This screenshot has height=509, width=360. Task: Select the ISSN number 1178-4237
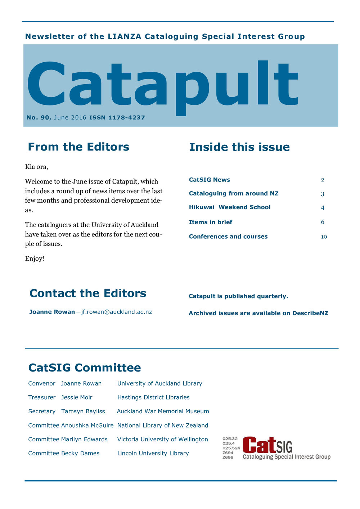126,117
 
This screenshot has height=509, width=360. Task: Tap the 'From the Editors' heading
78,147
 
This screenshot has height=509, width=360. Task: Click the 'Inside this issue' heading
239,147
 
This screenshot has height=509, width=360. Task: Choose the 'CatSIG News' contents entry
210,180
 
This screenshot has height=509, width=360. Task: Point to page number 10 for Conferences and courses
324,237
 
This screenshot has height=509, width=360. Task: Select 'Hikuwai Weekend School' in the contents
230,207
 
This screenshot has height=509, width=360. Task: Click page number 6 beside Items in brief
323,222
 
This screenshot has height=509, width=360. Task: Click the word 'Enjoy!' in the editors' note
35,258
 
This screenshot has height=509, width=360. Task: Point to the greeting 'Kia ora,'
36,167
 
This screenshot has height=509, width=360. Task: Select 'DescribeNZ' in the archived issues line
310,313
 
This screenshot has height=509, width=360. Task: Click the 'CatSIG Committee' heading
85,368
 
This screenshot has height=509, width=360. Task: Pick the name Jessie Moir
77,397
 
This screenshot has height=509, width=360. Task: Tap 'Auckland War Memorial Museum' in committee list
163,411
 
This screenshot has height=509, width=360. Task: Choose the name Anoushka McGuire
87,425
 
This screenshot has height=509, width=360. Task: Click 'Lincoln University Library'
153,453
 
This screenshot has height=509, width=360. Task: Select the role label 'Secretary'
42,411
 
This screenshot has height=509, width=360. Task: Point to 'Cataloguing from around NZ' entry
234,194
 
